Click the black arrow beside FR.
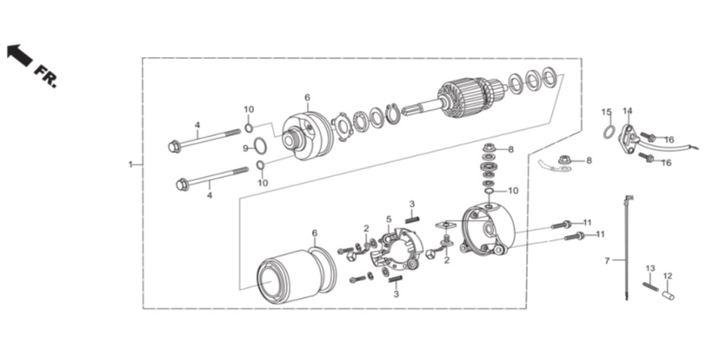(19, 55)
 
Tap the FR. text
(46, 76)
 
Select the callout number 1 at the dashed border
(131, 164)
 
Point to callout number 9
(246, 149)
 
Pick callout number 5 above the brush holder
(388, 220)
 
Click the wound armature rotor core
(463, 99)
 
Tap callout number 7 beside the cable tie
(607, 261)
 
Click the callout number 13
(650, 269)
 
